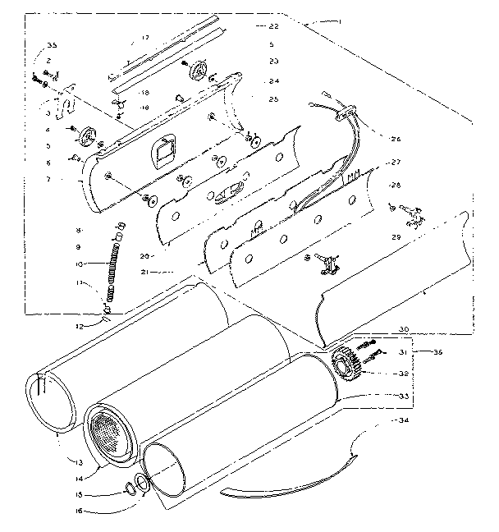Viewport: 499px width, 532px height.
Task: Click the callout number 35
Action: coord(52,44)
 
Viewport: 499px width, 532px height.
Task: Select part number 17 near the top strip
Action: coord(144,39)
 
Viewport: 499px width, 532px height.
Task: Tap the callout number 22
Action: coord(273,26)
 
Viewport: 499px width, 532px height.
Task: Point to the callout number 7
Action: coord(49,178)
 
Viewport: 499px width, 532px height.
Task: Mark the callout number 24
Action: coord(273,80)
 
